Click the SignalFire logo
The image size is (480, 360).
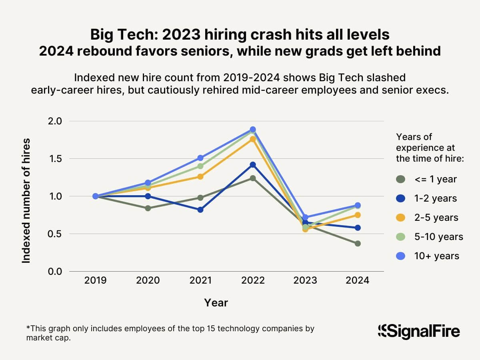[x=418, y=331]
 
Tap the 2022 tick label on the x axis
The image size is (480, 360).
[x=253, y=280]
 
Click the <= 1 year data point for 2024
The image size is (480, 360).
[x=358, y=244]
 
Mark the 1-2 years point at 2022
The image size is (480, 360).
[x=253, y=165]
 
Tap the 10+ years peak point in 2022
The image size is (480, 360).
[x=253, y=130]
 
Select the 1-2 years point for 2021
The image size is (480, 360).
[x=200, y=210]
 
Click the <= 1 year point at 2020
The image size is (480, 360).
[x=148, y=208]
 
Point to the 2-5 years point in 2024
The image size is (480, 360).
[x=358, y=215]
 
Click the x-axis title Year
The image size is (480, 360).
[x=216, y=303]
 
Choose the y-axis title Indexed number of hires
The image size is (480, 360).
[x=26, y=200]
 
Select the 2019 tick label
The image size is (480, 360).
[x=96, y=280]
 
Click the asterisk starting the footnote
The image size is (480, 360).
[x=28, y=328]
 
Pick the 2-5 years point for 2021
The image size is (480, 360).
[x=200, y=176]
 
